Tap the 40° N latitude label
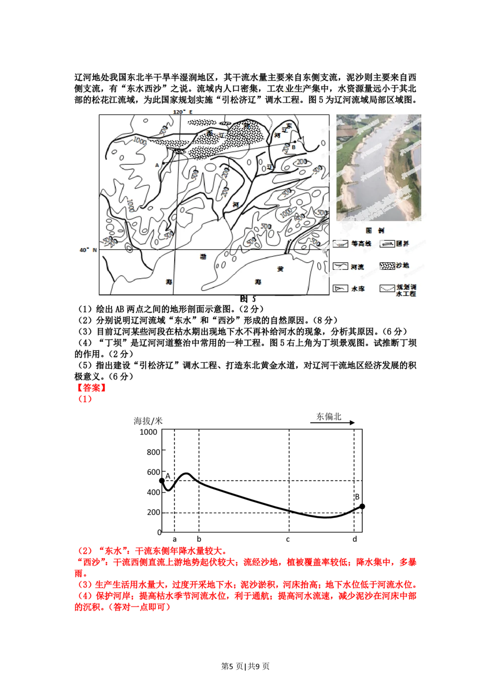tap(89, 250)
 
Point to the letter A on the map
tap(157, 166)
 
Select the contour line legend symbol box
tap(341, 244)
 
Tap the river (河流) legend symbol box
tap(341, 266)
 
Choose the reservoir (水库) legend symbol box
tap(341, 289)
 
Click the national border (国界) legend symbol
tap(387, 244)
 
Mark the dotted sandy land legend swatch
tap(387, 266)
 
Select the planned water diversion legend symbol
tap(387, 289)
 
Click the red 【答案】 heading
tap(91, 387)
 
